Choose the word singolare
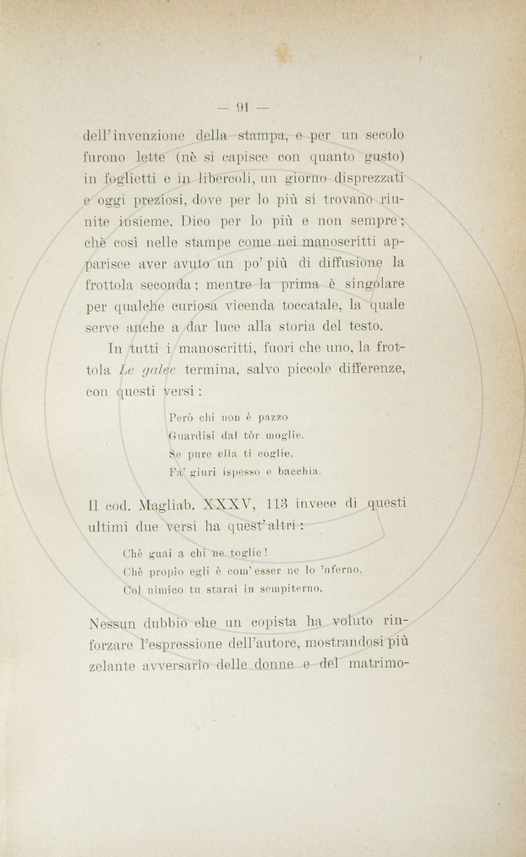374,285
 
